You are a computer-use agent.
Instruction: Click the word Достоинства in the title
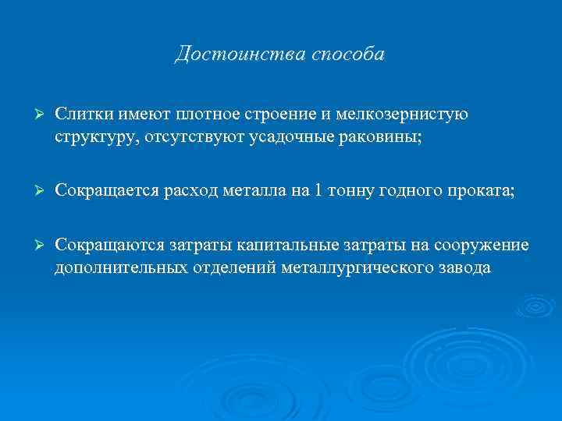231,55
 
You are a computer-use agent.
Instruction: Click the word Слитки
84,115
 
